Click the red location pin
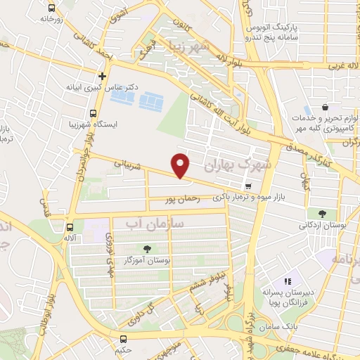pos(181,165)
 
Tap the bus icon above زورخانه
pos(51,8)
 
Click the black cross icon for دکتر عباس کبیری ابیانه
pos(103,76)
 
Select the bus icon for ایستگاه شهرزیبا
pos(94,114)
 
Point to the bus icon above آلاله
pos(70,227)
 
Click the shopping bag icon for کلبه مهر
pos(325,108)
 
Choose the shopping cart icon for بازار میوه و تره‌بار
pos(248,186)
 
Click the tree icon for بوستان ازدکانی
pos(322,214)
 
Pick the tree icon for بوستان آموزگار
pos(147,248)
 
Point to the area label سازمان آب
pos(153,223)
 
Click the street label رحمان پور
pos(185,200)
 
